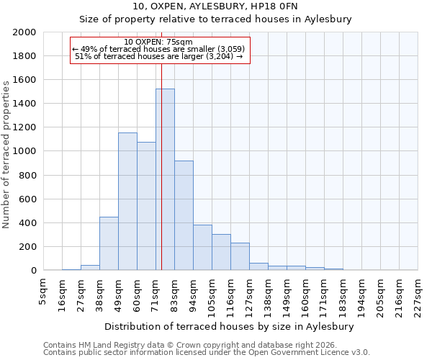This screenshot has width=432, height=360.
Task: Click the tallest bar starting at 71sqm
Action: point(165,179)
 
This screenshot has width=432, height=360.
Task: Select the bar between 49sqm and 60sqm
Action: point(127,202)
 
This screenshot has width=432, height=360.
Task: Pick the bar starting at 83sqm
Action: point(184,215)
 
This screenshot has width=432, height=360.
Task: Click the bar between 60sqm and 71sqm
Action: point(146,206)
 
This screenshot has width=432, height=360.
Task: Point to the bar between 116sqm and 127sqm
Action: point(240,256)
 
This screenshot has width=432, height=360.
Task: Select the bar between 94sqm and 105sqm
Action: point(202,248)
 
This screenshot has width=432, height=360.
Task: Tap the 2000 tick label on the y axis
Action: point(24,32)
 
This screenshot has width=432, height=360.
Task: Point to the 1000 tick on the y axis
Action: point(24,152)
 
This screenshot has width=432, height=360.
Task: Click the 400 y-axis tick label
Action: point(27,223)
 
